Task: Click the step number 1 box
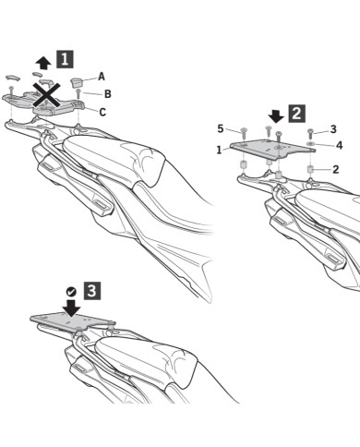tap(65, 59)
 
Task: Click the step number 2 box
tap(296, 113)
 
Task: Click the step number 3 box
tap(92, 291)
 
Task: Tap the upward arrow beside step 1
tap(43, 63)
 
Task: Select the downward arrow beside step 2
tap(276, 116)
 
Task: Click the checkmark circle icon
tap(71, 291)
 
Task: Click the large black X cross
tap(46, 94)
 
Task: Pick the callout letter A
tap(102, 77)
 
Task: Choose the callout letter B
tap(107, 94)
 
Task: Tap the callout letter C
tap(102, 112)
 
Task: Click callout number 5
tap(221, 128)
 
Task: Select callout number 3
tap(333, 129)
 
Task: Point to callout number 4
tap(339, 145)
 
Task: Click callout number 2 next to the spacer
tap(335, 169)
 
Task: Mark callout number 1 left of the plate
tap(219, 151)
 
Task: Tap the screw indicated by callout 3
tap(310, 134)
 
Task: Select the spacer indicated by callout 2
tap(311, 170)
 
